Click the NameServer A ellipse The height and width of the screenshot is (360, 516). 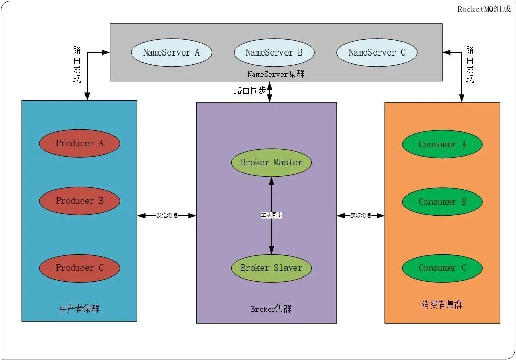point(171,52)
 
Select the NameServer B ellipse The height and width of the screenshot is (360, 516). point(274,52)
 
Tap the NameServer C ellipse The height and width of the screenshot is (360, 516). point(377,52)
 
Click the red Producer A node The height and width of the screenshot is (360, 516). point(79,144)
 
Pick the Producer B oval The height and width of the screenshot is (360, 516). point(79,201)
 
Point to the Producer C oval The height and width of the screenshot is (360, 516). point(79,268)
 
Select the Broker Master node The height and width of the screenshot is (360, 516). point(271,163)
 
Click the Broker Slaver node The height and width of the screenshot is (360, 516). point(271,268)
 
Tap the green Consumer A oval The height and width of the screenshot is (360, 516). point(442,144)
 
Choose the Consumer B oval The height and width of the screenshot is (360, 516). point(442,202)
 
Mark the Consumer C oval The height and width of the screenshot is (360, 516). point(442,268)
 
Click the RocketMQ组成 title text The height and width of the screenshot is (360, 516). point(484,9)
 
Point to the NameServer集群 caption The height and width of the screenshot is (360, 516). point(276,74)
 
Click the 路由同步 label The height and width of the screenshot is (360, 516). point(250,91)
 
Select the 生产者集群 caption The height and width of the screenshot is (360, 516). point(79,309)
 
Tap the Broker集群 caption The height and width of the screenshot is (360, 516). point(271,309)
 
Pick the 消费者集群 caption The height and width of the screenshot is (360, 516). point(442,305)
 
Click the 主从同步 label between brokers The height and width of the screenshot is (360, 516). point(271,215)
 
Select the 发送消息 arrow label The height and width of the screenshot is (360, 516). point(167,216)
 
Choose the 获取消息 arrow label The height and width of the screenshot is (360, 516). point(361,216)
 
